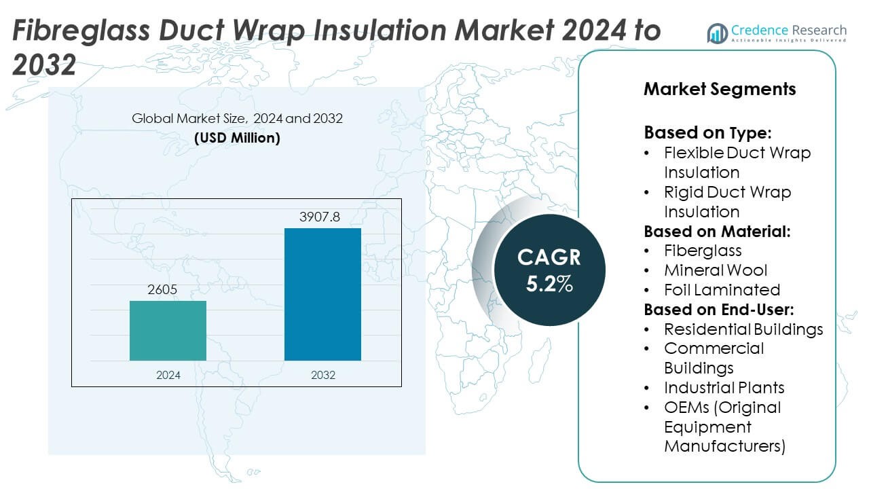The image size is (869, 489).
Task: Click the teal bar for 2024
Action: tap(168, 331)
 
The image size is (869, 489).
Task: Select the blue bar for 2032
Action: tap(322, 294)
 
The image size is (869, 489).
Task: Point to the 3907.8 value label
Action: tap(319, 218)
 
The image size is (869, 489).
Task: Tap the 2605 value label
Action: tap(163, 291)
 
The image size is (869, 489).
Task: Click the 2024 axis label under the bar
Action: tap(168, 374)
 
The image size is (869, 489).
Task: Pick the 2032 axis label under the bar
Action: tap(322, 374)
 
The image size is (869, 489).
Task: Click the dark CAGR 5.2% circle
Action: tap(549, 270)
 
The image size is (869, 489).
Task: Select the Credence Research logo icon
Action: tap(718, 32)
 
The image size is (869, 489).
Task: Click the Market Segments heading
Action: tap(720, 89)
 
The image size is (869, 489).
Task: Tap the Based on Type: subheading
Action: tap(707, 132)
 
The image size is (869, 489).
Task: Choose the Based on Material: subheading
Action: tap(717, 231)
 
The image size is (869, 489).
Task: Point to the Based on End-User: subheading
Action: tap(719, 310)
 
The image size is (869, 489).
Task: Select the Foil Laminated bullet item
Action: tap(722, 290)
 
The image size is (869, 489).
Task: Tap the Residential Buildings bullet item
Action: tap(743, 329)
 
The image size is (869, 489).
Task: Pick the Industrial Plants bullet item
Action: tap(724, 388)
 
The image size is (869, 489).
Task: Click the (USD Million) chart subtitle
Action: tap(237, 138)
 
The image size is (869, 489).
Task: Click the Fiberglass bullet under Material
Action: tap(703, 251)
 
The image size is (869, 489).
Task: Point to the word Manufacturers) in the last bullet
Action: tap(725, 446)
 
